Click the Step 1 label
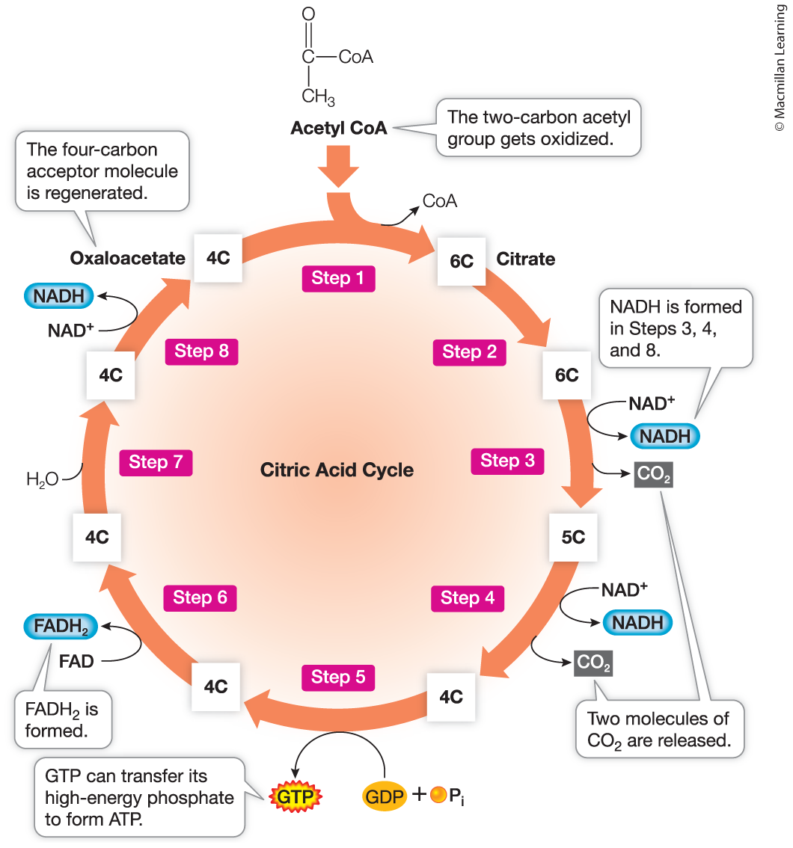(x=338, y=278)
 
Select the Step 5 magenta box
(x=338, y=677)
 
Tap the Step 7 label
(x=156, y=463)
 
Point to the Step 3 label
(x=507, y=461)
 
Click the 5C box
(x=573, y=537)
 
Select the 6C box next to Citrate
(x=462, y=261)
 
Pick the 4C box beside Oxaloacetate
(x=218, y=258)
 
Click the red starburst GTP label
(x=296, y=796)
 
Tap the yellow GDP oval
(x=385, y=796)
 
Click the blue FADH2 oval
(x=61, y=626)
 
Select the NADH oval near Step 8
(x=59, y=296)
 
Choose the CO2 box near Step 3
(x=653, y=474)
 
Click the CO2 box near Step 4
(x=593, y=663)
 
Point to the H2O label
(x=42, y=479)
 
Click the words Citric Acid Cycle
(x=337, y=470)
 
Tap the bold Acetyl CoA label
(x=339, y=128)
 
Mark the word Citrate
(x=526, y=259)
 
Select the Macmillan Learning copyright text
(x=780, y=67)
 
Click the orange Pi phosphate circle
(x=438, y=794)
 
